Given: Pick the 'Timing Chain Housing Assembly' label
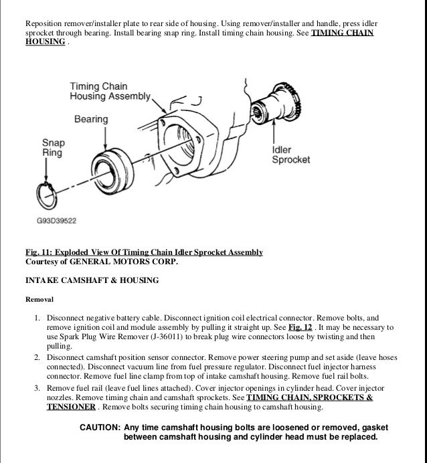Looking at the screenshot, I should [x=110, y=91].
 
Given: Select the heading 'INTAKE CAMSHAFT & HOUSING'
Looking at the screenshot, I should [x=92, y=280].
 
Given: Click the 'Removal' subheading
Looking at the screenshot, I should [x=39, y=299].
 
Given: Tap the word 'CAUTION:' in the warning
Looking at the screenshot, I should [x=100, y=428].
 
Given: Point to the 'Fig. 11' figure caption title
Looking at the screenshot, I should [x=143, y=252].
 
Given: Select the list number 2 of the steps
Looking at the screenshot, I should [x=37, y=359].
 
